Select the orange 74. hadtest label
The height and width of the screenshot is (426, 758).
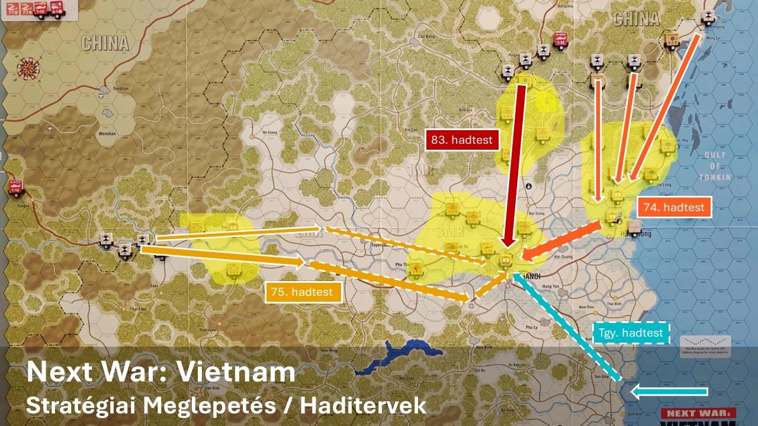[x=674, y=207]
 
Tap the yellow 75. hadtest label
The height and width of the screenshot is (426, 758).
[x=303, y=292]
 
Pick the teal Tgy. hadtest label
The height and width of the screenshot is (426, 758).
[x=632, y=333]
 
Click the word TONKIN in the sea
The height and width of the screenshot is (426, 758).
[x=715, y=177]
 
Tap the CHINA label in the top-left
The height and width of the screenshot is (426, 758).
[x=105, y=43]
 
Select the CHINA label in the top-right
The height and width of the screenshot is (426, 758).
[x=636, y=20]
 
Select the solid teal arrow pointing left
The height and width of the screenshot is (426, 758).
[x=669, y=391]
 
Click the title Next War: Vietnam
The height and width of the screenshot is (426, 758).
[x=160, y=372]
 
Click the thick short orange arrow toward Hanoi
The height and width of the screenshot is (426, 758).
[x=563, y=241]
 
